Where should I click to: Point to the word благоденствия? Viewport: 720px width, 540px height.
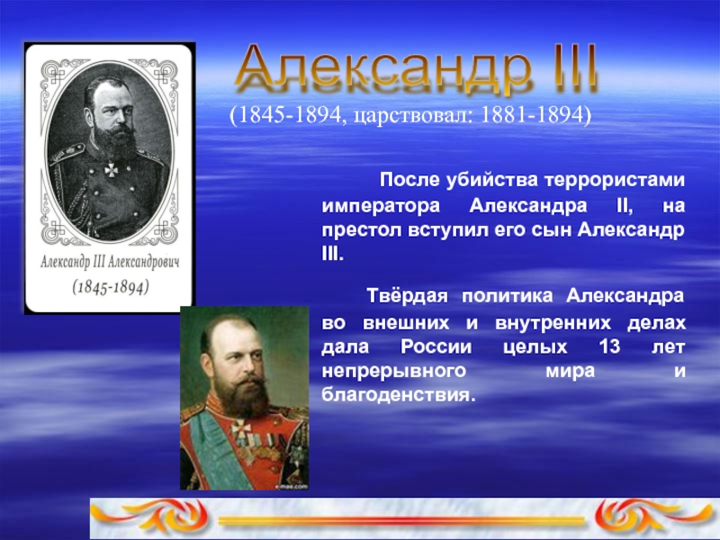click(396, 395)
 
